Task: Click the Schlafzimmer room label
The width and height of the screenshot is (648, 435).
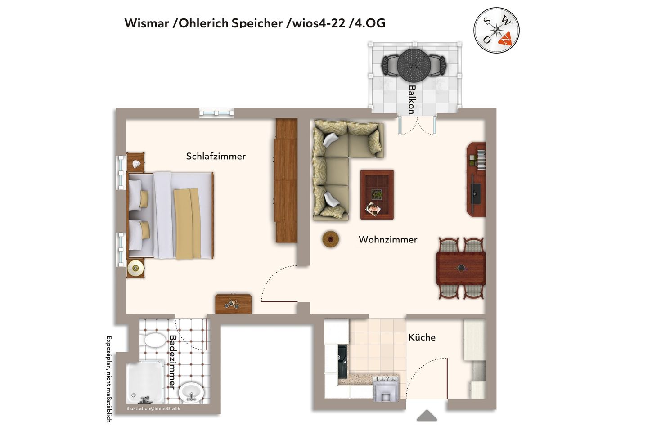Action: [x=216, y=157]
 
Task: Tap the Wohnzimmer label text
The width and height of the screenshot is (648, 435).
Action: [x=387, y=239]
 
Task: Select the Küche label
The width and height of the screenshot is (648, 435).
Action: [x=422, y=337]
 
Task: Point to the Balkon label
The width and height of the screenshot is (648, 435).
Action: [x=412, y=99]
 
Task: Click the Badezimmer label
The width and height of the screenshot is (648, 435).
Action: [x=172, y=362]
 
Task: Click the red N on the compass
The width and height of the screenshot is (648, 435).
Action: [x=505, y=39]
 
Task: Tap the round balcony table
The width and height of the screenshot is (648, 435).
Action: [x=414, y=65]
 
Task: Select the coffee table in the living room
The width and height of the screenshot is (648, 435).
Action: [x=377, y=194]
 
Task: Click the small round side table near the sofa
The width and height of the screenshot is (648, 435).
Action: [x=331, y=239]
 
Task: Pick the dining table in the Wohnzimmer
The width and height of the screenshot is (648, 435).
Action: [x=461, y=269]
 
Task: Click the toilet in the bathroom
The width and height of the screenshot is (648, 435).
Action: [x=155, y=340]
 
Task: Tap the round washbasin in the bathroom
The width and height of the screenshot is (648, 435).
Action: [x=191, y=392]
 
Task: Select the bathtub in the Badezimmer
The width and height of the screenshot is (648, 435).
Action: [x=145, y=382]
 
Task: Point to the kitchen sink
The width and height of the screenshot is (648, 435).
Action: [x=343, y=362]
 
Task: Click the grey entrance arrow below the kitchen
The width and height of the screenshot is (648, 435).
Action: [x=427, y=416]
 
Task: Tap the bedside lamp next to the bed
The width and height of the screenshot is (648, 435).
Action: [x=135, y=268]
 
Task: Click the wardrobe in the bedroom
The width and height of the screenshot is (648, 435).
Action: [x=286, y=180]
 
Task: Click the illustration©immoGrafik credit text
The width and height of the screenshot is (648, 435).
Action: [x=153, y=408]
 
